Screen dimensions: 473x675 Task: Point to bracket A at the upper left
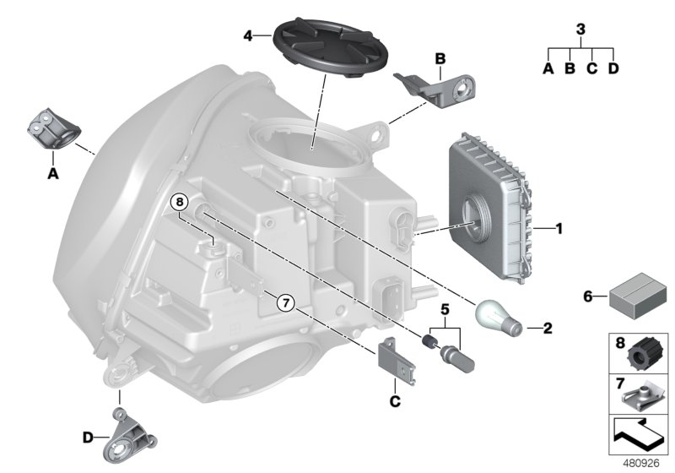(x=54, y=129)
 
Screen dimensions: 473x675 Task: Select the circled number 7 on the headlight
(x=285, y=301)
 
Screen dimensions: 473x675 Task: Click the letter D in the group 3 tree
(x=613, y=68)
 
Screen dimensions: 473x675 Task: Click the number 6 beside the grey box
(x=588, y=296)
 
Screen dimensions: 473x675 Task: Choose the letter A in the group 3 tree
(x=548, y=68)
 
